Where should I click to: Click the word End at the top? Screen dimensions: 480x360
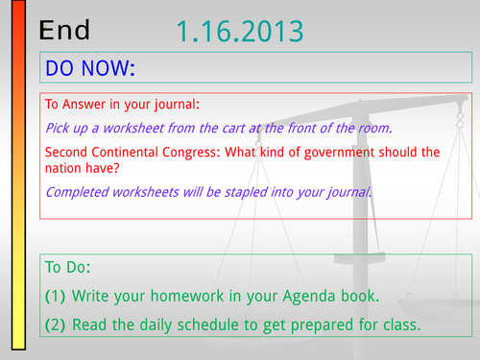[x=64, y=30]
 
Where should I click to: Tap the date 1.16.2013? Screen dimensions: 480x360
[x=240, y=31]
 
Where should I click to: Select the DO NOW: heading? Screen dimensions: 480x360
[x=90, y=68]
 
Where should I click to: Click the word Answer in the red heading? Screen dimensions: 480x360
[x=84, y=105]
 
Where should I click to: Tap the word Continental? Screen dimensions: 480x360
[x=125, y=152]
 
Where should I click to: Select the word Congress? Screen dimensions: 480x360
[x=191, y=153]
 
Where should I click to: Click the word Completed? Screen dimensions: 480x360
[x=77, y=192]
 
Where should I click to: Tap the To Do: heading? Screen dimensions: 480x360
[x=68, y=267]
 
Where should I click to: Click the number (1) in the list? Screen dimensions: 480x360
[x=55, y=296]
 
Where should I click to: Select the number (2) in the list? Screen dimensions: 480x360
[x=55, y=324]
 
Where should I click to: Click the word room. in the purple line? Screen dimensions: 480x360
[x=375, y=129]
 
